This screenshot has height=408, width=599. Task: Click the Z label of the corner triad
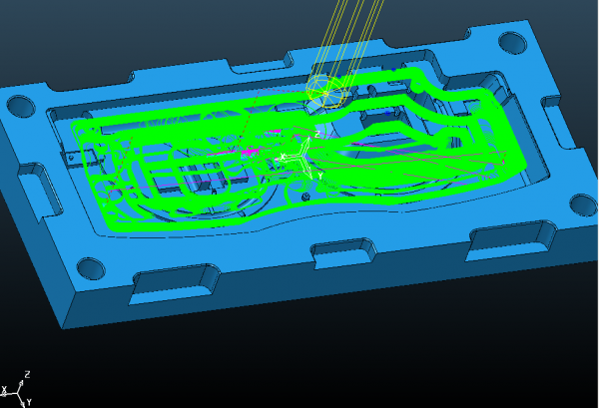27,374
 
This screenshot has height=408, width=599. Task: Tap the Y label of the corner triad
29,401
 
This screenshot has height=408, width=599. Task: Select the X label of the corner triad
5,390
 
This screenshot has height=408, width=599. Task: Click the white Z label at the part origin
317,134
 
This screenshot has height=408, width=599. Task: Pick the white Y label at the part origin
320,176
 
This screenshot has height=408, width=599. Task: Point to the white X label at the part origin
284,157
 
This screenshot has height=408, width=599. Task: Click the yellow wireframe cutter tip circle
325,93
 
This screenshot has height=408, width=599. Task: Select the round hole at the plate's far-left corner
21,106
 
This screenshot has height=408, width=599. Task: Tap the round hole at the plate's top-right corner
513,42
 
